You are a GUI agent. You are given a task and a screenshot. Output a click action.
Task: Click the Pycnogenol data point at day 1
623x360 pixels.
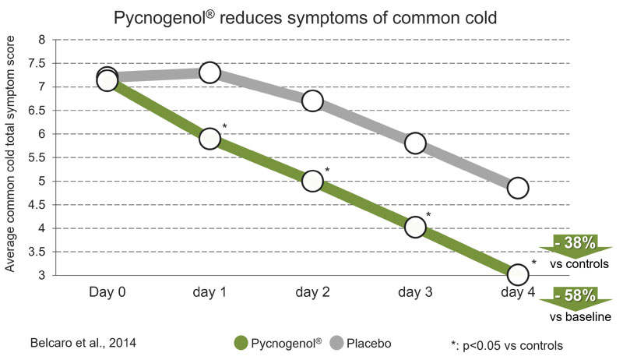(209, 138)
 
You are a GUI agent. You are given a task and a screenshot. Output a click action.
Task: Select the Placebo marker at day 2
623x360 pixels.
(312, 101)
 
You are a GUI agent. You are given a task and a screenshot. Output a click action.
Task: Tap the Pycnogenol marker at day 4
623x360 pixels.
(518, 274)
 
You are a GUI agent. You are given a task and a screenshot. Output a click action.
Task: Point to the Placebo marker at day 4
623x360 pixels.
(518, 188)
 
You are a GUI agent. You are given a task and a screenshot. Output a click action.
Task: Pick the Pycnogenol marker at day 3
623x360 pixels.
(415, 226)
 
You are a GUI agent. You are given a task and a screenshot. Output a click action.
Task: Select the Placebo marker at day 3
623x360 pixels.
(415, 143)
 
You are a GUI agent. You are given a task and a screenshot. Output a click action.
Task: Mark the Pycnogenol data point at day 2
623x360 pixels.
(312, 180)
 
